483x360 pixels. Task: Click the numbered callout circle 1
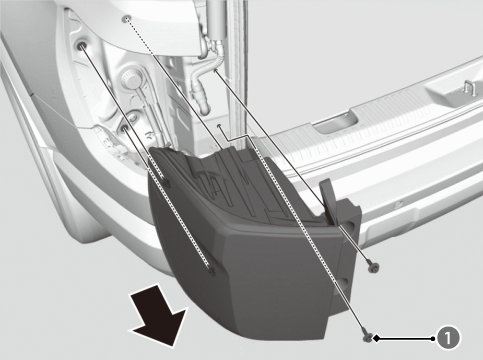pos(448,339)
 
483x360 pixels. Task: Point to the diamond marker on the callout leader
pos(376,339)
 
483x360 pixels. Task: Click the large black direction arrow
pos(159,315)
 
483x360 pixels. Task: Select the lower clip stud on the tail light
pos(212,272)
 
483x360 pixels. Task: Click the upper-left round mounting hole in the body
pos(81,46)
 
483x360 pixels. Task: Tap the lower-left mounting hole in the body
pos(125,127)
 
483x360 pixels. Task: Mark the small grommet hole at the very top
pos(126,19)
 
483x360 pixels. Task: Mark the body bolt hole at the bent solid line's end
pos(219,126)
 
